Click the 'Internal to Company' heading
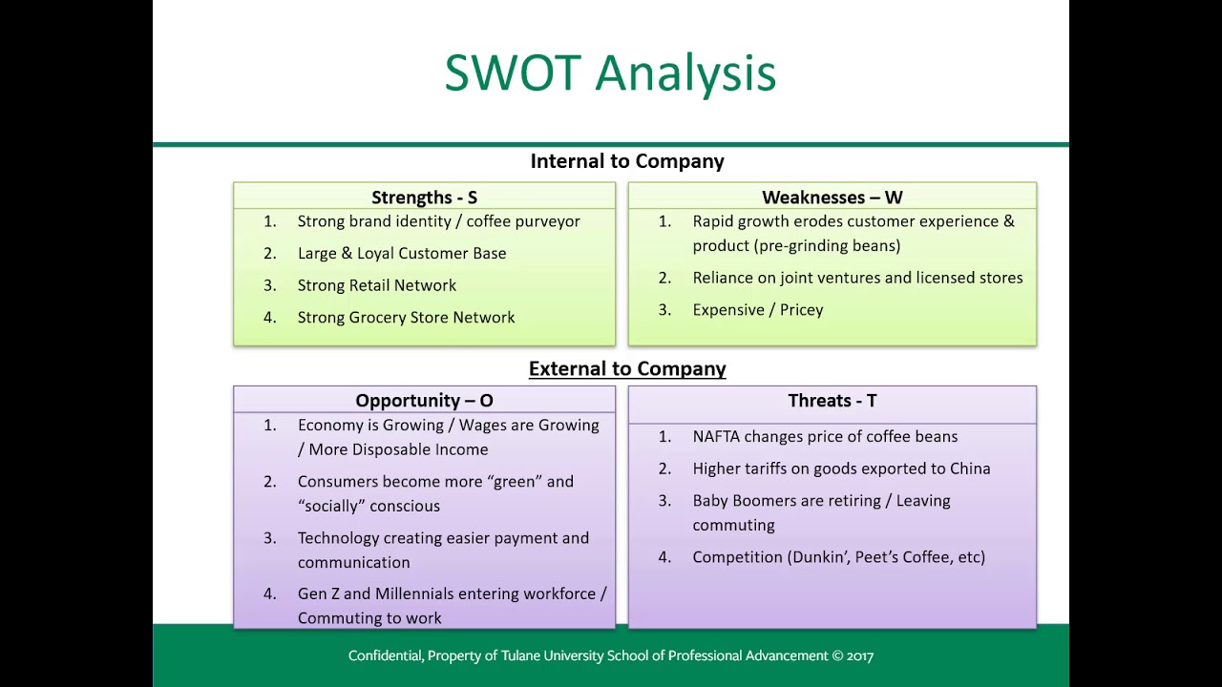[x=627, y=161]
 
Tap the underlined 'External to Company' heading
[x=627, y=368]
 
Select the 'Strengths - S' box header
[x=424, y=198]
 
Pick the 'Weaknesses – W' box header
[x=832, y=198]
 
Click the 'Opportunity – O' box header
[x=424, y=401]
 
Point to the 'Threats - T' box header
[x=832, y=401]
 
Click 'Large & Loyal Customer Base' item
[x=401, y=253]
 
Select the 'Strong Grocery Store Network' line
[x=406, y=317]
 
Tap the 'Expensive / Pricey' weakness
[x=757, y=309]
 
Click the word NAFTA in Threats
[x=716, y=436]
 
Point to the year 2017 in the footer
[x=858, y=656]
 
